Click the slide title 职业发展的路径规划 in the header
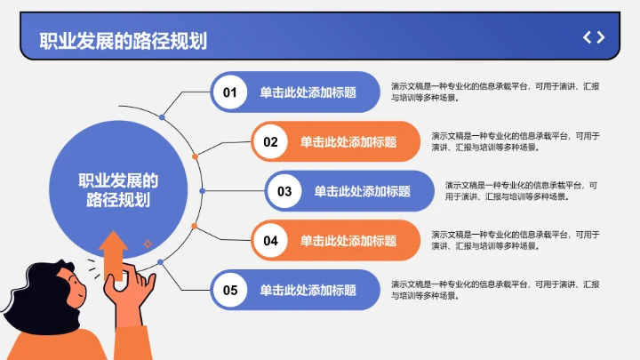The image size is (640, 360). (x=123, y=40)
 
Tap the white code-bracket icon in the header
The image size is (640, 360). (x=594, y=37)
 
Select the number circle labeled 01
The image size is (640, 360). (x=230, y=92)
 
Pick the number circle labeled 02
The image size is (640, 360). (x=271, y=141)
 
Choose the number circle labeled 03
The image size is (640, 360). (x=284, y=191)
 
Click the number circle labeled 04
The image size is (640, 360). (x=271, y=240)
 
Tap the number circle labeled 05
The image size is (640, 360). (x=230, y=290)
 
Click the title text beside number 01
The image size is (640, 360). (x=308, y=92)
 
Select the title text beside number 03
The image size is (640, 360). (x=362, y=191)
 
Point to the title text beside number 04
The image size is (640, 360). (x=348, y=240)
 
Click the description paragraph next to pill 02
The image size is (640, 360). (x=516, y=141)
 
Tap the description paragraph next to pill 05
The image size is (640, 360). (x=494, y=290)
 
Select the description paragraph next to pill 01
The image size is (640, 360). (x=494, y=92)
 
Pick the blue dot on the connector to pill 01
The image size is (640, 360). (x=162, y=117)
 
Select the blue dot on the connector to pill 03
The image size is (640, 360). (x=203, y=191)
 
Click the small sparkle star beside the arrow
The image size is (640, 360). (x=148, y=243)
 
